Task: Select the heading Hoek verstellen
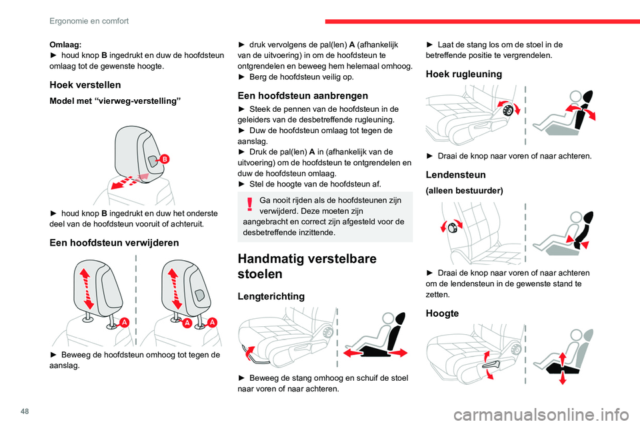(x=85, y=85)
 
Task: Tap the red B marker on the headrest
(x=165, y=158)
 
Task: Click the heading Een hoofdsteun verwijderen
(x=114, y=243)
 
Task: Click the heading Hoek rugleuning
(x=464, y=74)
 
